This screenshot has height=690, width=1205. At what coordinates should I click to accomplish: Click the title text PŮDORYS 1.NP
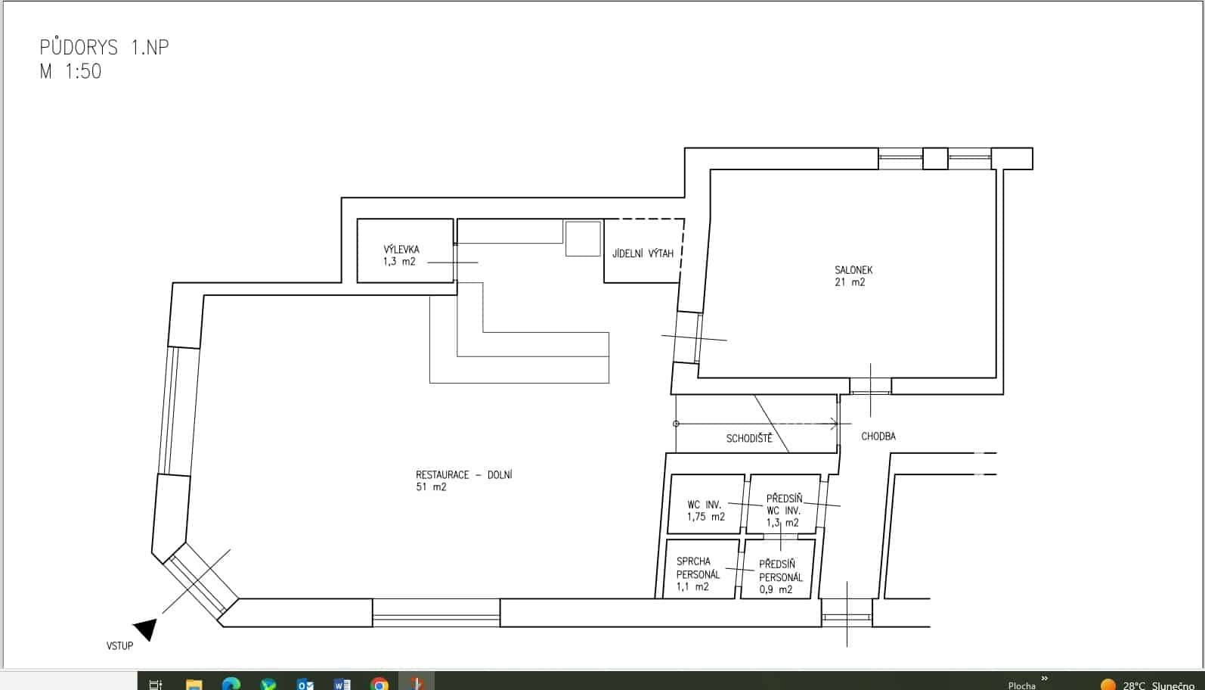[x=104, y=48]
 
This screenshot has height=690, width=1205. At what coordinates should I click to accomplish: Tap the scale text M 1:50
[x=70, y=72]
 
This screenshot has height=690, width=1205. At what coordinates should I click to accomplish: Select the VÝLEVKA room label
[x=401, y=249]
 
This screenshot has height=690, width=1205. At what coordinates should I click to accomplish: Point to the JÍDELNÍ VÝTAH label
[x=643, y=253]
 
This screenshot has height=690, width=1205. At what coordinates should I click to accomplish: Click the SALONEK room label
[x=853, y=269]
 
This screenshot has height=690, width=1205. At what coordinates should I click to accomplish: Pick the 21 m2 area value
[x=850, y=282]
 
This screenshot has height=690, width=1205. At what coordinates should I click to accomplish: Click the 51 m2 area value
[x=431, y=486]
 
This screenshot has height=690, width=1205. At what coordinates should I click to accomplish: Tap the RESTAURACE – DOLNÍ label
[x=463, y=474]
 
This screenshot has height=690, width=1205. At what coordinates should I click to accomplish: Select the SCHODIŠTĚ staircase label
[x=749, y=438]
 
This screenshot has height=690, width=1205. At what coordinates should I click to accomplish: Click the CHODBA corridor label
[x=878, y=436]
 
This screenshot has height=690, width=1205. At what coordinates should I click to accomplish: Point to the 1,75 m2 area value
[x=706, y=517]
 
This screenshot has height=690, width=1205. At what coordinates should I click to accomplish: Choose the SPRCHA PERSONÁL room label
[x=698, y=568]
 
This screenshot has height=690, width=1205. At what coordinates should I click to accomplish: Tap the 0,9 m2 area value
[x=776, y=589]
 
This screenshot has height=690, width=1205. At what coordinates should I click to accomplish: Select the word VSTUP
[x=119, y=646]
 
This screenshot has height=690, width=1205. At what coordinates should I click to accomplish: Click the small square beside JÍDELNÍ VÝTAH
[x=583, y=238]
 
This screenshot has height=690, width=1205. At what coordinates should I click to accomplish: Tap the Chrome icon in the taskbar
[x=379, y=684]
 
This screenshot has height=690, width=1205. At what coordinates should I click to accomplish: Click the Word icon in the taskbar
[x=342, y=684]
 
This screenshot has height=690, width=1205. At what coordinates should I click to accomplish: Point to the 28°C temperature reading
[x=1133, y=685]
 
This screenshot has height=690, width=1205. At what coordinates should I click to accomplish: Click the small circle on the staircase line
[x=676, y=424]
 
